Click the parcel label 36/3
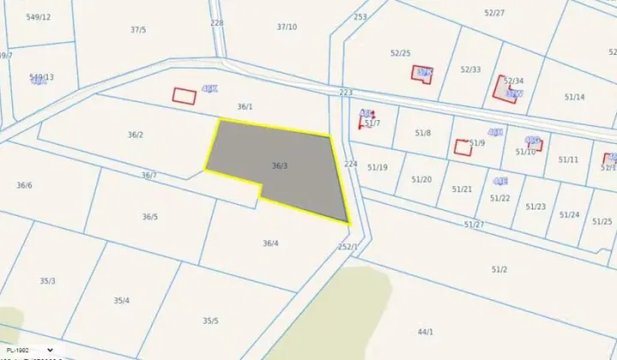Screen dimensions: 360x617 click(x=279, y=165)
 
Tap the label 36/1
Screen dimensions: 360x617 click(x=245, y=107)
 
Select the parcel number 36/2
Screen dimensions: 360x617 click(x=135, y=135)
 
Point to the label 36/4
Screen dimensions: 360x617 click(x=270, y=243)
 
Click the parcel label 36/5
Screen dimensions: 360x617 click(x=150, y=217)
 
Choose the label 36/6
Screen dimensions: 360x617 click(x=24, y=185)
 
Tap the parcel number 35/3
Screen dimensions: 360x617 click(x=47, y=281)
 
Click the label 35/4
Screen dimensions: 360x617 click(x=122, y=300)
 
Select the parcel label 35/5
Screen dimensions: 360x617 click(x=210, y=321)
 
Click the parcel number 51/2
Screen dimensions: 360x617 click(x=499, y=269)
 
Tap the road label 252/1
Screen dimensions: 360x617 click(x=347, y=247)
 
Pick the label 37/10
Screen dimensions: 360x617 click(x=287, y=27)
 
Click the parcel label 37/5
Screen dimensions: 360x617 click(x=138, y=29)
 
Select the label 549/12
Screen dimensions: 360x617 click(x=39, y=17)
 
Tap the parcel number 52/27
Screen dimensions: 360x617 click(x=494, y=13)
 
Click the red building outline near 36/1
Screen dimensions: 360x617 click(x=184, y=95)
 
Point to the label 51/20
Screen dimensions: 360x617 click(x=422, y=179)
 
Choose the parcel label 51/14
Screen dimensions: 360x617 click(x=574, y=97)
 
